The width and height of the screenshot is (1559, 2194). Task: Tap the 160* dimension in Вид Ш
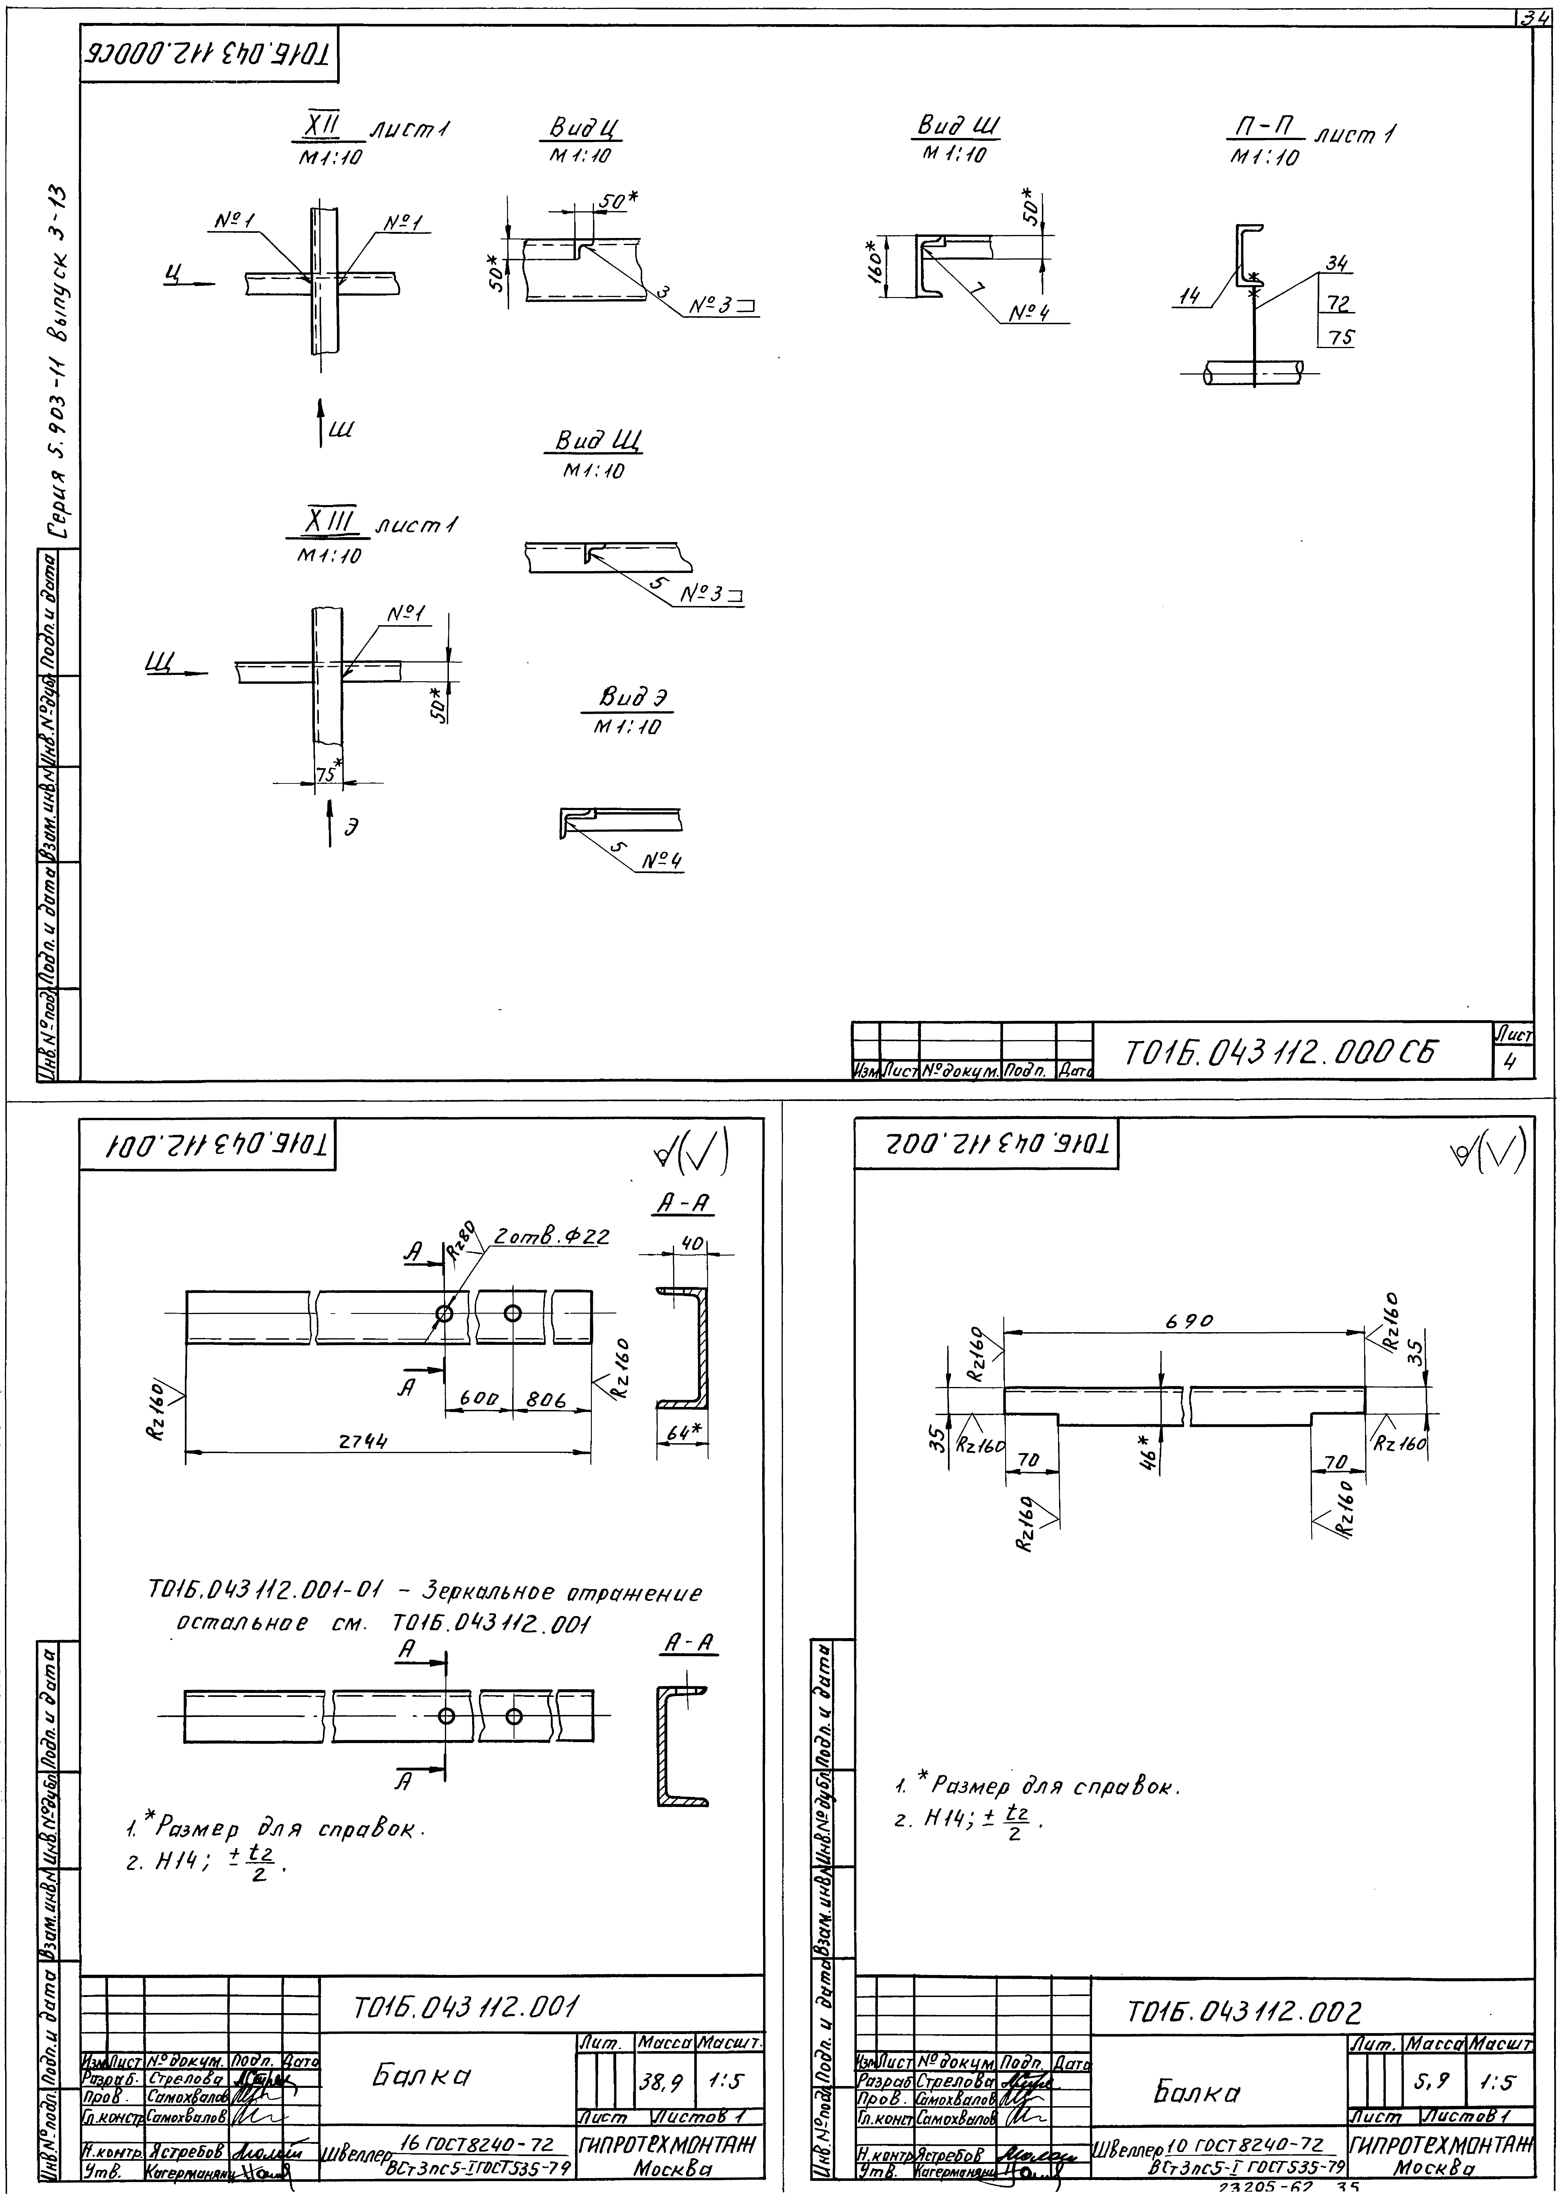tap(875, 259)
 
